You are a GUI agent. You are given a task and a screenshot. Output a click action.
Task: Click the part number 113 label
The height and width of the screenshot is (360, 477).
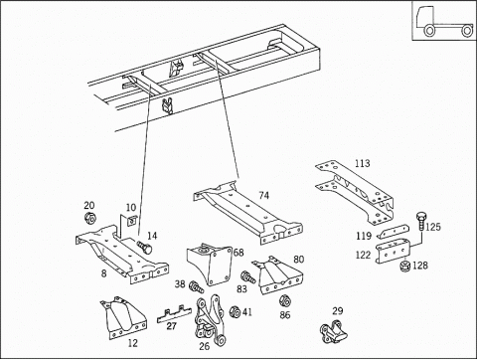pos(363,163)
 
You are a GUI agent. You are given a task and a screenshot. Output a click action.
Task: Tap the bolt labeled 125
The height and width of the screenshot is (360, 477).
pos(420,221)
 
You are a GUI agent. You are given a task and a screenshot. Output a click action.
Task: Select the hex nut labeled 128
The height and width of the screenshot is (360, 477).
pos(404,266)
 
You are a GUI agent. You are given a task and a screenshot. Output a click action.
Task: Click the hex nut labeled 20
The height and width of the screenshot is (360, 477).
pos(89,218)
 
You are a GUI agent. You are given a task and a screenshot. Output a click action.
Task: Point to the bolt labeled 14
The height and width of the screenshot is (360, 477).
pos(145,248)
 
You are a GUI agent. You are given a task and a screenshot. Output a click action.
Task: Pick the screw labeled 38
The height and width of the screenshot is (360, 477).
pos(197,286)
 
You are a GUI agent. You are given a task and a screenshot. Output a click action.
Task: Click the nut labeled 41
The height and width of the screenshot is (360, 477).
pos(235,312)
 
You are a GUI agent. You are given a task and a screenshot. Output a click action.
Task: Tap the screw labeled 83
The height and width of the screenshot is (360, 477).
pos(248,277)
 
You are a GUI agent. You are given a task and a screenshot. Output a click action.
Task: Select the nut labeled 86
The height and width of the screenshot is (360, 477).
pos(284,301)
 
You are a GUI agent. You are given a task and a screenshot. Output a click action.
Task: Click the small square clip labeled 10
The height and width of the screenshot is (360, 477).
pos(132,220)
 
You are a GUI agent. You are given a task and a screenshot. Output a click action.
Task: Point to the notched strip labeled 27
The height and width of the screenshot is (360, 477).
pos(174,314)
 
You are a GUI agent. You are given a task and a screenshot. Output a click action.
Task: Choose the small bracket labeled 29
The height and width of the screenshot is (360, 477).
pos(334,332)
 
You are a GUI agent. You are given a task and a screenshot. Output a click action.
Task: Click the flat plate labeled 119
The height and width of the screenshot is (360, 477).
pos(394,232)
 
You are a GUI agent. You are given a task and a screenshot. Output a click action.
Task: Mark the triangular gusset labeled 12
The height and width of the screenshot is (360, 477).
pos(123,317)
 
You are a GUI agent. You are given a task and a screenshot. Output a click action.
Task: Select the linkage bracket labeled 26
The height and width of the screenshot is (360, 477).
pos(210,320)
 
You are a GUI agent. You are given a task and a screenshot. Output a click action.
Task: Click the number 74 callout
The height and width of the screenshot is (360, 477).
pos(264,195)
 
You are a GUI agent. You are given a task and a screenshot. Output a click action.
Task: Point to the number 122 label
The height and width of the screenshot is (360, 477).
pos(363,255)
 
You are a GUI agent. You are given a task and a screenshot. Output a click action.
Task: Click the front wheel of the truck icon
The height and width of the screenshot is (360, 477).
pos(429,31)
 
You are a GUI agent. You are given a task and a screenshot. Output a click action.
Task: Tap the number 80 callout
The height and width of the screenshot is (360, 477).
pos(298,259)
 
